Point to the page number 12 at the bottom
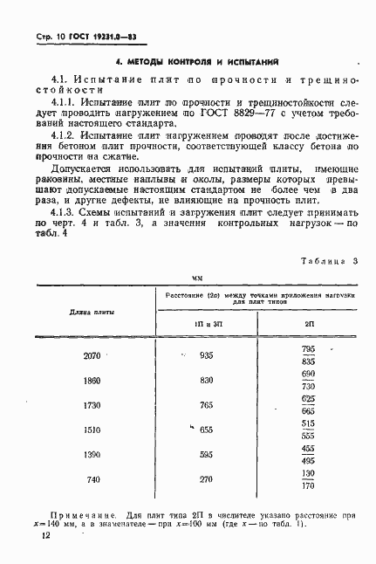tap(46, 543)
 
